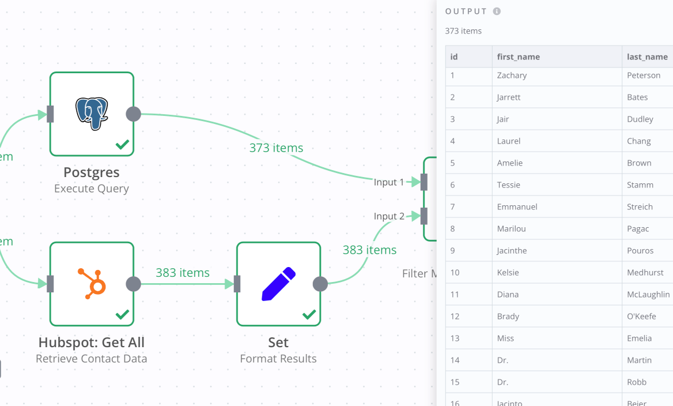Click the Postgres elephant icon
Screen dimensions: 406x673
pyautogui.click(x=92, y=113)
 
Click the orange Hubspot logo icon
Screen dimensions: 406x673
pyautogui.click(x=92, y=283)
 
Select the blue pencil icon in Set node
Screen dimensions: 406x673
pyautogui.click(x=278, y=283)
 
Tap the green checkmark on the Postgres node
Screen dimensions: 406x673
pyautogui.click(x=122, y=144)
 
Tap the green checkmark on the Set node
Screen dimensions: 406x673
pyautogui.click(x=309, y=314)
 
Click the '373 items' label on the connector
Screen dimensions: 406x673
pyautogui.click(x=276, y=148)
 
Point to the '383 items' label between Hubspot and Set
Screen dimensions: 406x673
pyautogui.click(x=183, y=273)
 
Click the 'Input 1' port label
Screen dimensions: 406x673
pyautogui.click(x=389, y=182)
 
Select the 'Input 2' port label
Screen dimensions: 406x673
pyautogui.click(x=389, y=216)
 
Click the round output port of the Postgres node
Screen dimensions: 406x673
pyautogui.click(x=133, y=114)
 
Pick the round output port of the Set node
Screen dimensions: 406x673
pyautogui.click(x=320, y=284)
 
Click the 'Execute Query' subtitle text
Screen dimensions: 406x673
pyautogui.click(x=92, y=189)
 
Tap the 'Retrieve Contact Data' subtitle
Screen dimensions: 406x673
pyautogui.click(x=92, y=359)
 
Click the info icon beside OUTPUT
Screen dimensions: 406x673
pyautogui.click(x=497, y=12)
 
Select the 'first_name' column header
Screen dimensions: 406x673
pyautogui.click(x=519, y=57)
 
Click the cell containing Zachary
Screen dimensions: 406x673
pyautogui.click(x=512, y=76)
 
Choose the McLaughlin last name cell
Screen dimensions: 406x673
pyautogui.click(x=648, y=294)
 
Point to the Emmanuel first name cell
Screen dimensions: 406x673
pyautogui.click(x=517, y=206)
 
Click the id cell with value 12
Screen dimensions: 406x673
pyautogui.click(x=455, y=316)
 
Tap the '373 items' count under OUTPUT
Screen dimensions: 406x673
pyautogui.click(x=463, y=31)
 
